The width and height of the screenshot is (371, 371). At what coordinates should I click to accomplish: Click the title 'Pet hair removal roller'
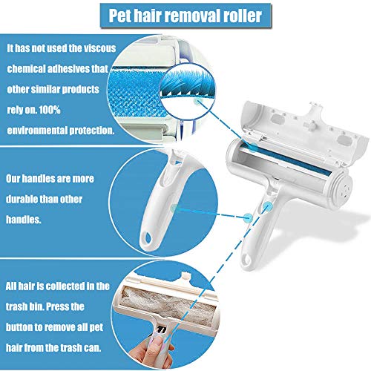pyautogui.click(x=185, y=16)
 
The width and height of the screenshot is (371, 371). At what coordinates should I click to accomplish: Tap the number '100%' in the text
pyautogui.click(x=50, y=110)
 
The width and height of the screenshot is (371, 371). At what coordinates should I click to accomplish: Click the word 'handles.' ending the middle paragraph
pyautogui.click(x=24, y=220)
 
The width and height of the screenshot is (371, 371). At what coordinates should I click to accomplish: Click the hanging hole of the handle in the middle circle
pyautogui.click(x=148, y=238)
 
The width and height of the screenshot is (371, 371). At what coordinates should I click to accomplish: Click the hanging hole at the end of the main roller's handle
pyautogui.click(x=247, y=260)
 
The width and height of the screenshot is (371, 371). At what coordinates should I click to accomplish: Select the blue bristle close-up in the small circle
pyautogui.click(x=187, y=85)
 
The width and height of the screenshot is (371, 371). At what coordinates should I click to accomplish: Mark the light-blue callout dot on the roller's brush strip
pyautogui.click(x=253, y=147)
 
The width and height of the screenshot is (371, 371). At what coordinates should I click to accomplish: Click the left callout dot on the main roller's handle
pyautogui.click(x=247, y=217)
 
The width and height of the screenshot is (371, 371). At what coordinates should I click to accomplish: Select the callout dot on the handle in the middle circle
pyautogui.click(x=174, y=207)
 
